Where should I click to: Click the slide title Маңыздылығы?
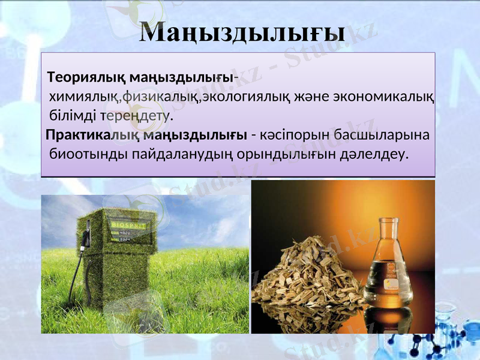coord(242,33)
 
